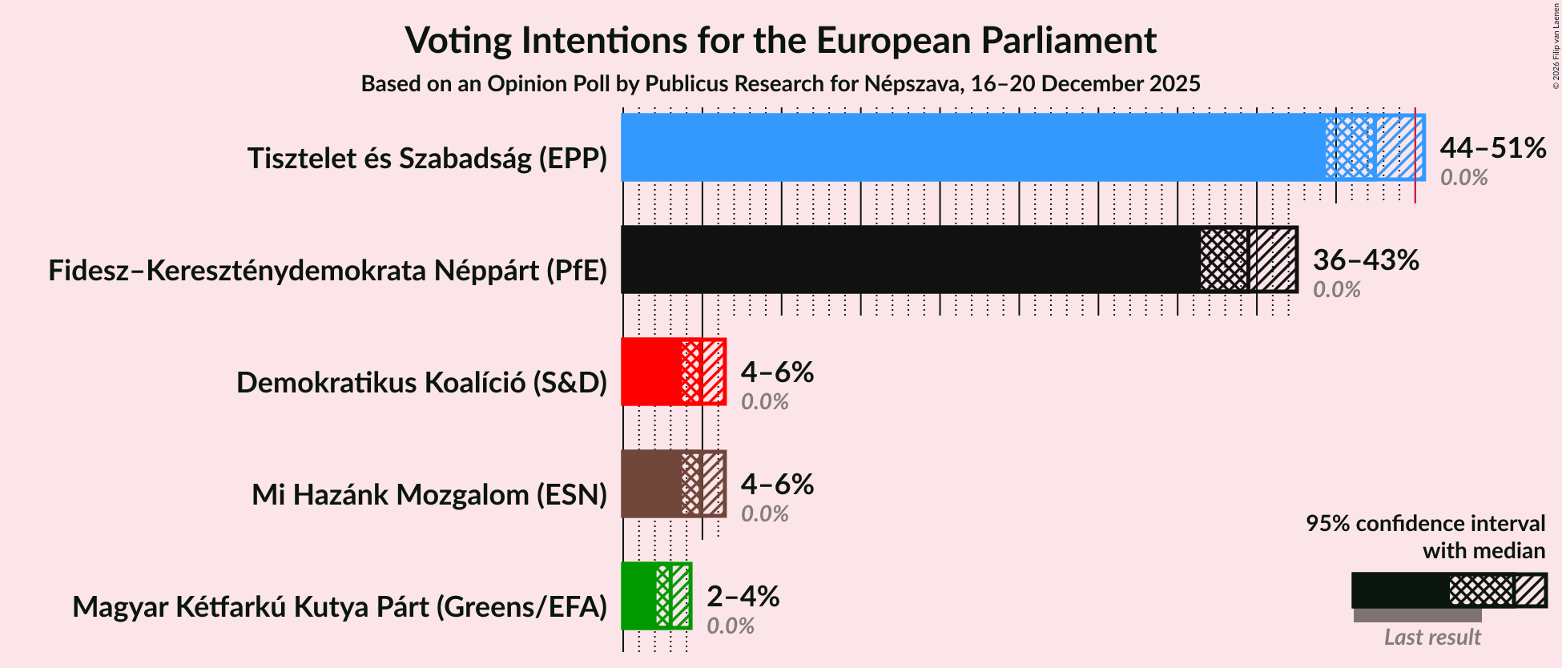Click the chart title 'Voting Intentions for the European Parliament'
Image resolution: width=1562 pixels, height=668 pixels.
pyautogui.click(x=780, y=40)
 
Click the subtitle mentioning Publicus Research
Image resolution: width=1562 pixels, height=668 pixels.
pyautogui.click(x=780, y=84)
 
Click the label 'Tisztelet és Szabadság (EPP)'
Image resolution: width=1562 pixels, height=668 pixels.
pyautogui.click(x=427, y=159)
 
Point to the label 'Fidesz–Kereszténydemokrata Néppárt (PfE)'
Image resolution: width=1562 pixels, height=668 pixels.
pyautogui.click(x=328, y=271)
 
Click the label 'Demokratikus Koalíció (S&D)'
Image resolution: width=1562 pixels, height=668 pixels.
pyautogui.click(x=421, y=383)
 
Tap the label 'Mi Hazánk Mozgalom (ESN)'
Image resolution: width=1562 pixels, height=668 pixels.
pyautogui.click(x=429, y=495)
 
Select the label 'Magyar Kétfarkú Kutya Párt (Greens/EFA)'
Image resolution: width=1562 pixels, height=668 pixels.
pyautogui.click(x=340, y=607)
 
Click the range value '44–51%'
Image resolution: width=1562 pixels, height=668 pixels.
pyautogui.click(x=1492, y=147)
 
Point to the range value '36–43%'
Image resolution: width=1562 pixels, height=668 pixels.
pyautogui.click(x=1366, y=260)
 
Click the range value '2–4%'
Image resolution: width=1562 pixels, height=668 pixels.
pyautogui.click(x=743, y=596)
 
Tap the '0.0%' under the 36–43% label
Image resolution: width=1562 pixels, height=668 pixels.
pyautogui.click(x=1336, y=290)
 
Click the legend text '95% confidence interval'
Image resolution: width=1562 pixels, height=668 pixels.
pyautogui.click(x=1425, y=524)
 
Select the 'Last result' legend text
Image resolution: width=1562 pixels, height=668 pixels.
pyautogui.click(x=1432, y=638)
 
